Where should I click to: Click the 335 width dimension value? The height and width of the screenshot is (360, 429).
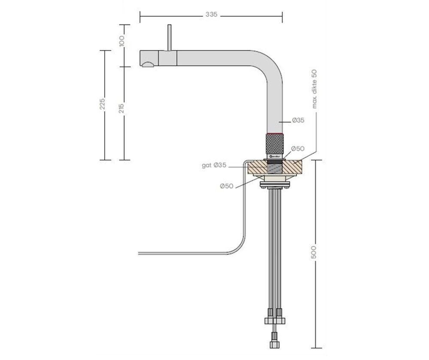click(211, 15)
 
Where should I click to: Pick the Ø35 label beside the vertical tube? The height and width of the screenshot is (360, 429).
click(298, 121)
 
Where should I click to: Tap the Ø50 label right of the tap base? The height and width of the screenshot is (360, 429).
click(298, 148)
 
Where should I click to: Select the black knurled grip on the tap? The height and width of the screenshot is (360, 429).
click(273, 144)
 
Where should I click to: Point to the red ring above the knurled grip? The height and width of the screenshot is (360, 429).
click(273, 134)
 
